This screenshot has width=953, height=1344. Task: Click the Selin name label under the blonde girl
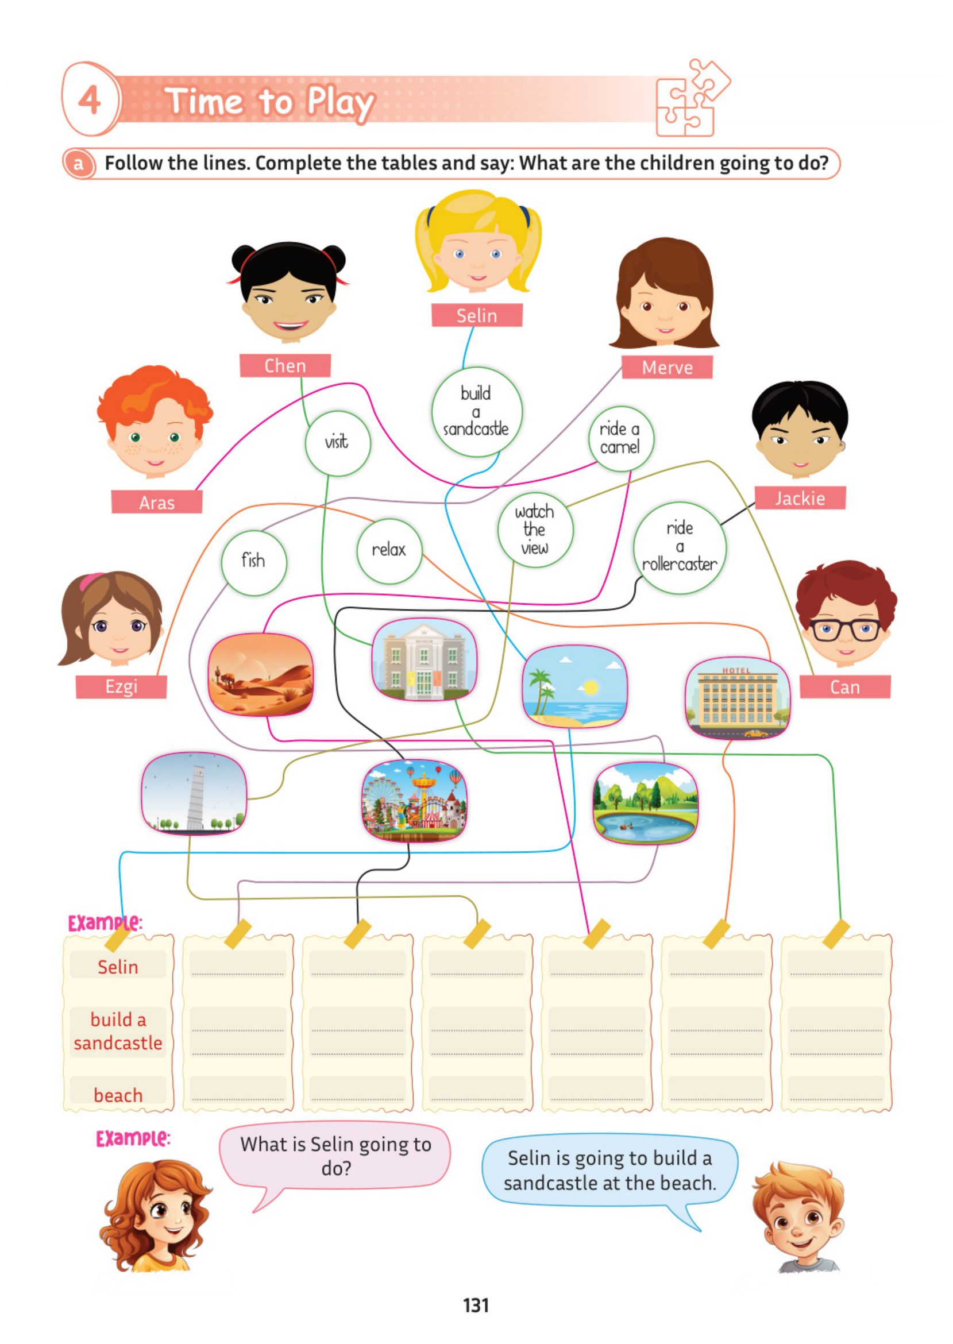click(x=477, y=315)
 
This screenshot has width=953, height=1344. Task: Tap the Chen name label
click(x=285, y=365)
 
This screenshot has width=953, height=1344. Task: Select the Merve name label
click(x=668, y=367)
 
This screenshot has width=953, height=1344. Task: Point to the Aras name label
click(x=157, y=502)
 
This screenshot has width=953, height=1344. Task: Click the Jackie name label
click(x=800, y=498)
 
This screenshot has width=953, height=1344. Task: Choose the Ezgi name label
click(x=121, y=686)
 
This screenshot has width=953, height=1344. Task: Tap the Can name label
click(x=845, y=687)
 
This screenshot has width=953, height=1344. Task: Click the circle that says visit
click(x=337, y=443)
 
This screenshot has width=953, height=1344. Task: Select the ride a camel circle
click(x=621, y=438)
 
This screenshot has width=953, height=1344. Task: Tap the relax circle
click(x=389, y=551)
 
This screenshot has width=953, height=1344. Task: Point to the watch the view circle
click(x=535, y=530)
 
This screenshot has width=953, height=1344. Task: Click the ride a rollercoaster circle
click(x=680, y=547)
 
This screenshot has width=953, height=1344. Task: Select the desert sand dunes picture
click(x=261, y=674)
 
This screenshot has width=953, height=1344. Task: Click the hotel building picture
click(x=738, y=697)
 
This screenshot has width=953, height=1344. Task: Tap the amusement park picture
click(x=414, y=800)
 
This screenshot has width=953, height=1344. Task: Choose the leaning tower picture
click(x=194, y=793)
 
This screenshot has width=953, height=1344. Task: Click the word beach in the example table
click(x=118, y=1095)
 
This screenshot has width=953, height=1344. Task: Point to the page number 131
click(x=476, y=1305)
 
